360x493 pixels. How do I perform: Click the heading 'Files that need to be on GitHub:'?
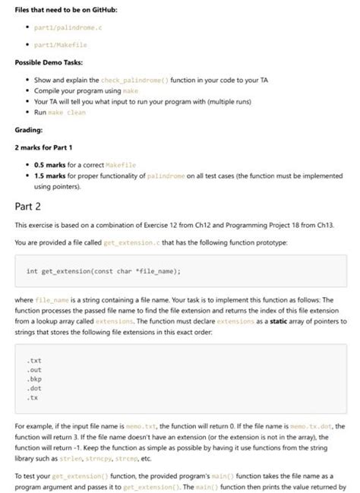point(64,10)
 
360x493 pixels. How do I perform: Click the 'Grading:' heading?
point(32,129)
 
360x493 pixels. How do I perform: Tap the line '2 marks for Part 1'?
point(49,147)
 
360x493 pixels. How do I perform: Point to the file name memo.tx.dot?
point(317,426)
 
